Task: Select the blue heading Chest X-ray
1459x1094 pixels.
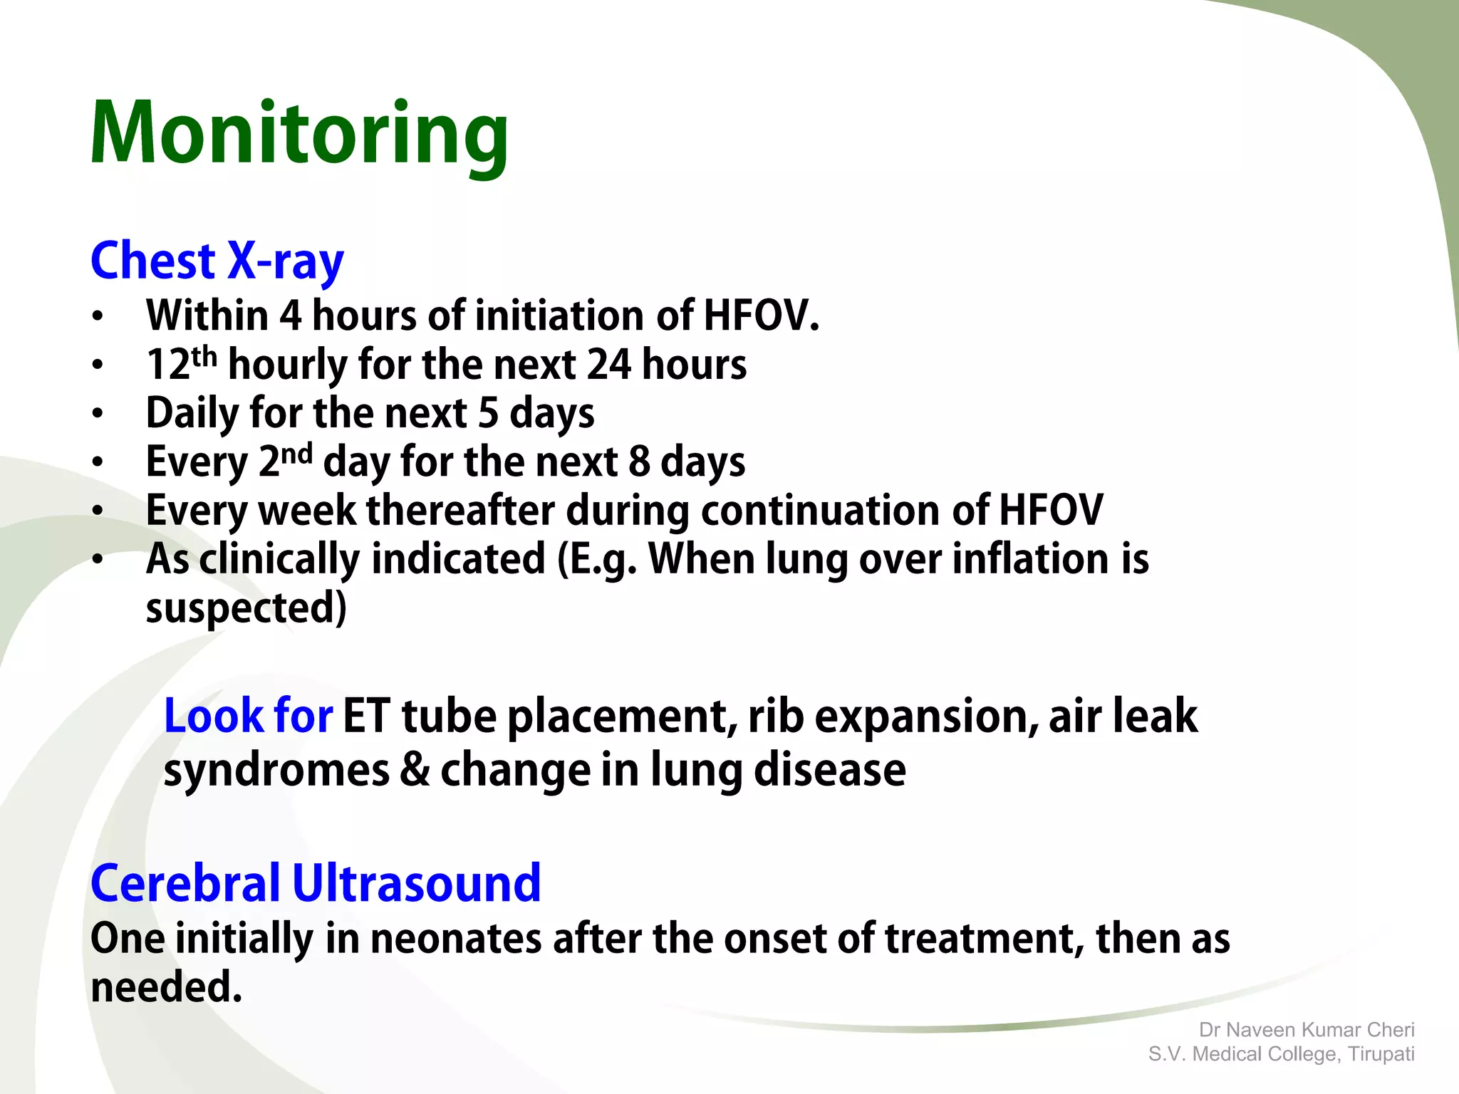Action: (x=217, y=261)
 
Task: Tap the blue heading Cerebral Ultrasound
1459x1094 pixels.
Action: (x=316, y=883)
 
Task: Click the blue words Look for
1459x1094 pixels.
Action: (x=248, y=716)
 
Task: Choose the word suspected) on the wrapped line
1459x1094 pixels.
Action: (x=246, y=608)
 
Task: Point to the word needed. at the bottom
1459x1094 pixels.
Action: (x=167, y=987)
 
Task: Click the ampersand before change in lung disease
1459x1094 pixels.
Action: (x=415, y=770)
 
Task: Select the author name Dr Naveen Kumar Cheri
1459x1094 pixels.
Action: (x=1307, y=1030)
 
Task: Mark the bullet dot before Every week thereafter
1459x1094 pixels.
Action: (x=98, y=511)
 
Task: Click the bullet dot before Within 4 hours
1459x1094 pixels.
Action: (x=98, y=316)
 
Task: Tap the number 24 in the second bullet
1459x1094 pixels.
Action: (x=608, y=365)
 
